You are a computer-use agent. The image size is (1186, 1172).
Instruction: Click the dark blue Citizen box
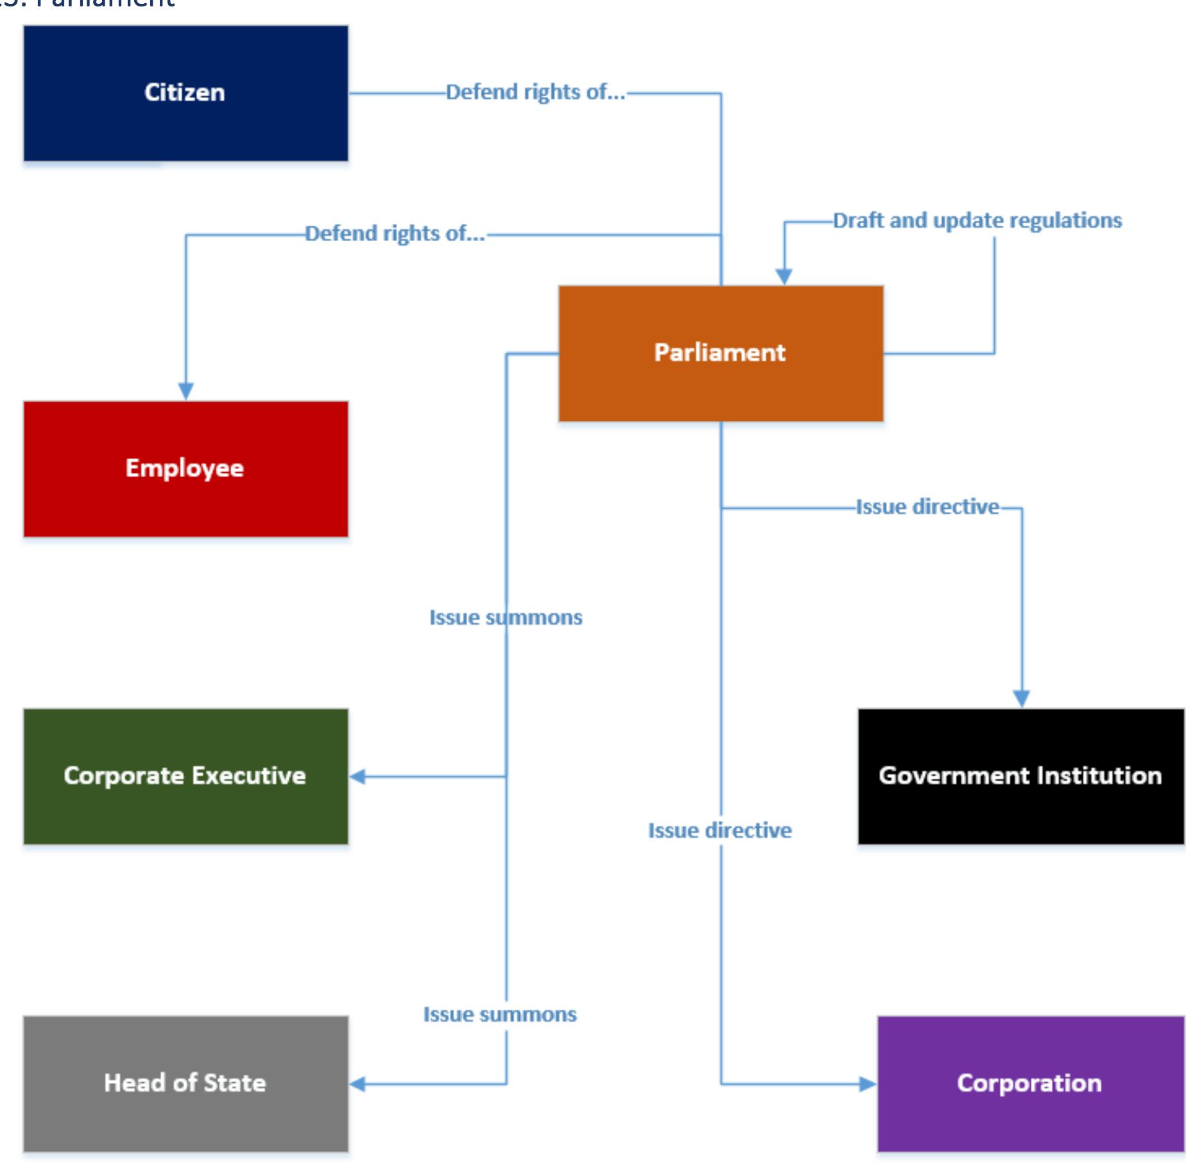pos(185,93)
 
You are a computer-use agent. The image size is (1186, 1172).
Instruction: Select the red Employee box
pos(185,469)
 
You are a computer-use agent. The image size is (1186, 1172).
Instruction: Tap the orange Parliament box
pos(720,353)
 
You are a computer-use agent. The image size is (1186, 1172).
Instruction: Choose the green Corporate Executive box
pos(185,776)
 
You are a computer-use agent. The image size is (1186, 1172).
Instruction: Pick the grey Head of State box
pos(185,1083)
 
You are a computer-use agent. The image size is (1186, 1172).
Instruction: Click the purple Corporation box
pos(1029,1083)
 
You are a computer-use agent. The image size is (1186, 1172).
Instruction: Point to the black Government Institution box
pos(1020,776)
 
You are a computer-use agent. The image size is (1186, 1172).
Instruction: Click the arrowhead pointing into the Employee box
pos(186,391)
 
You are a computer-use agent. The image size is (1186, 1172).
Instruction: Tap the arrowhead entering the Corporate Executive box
pos(358,777)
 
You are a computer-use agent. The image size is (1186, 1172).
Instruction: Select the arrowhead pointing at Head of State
pos(358,1084)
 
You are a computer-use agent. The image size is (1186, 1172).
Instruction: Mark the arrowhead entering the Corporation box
pos(868,1084)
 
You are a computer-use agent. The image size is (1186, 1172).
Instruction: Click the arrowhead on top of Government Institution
pos(1021,698)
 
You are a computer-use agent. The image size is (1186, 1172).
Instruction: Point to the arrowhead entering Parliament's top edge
pos(784,276)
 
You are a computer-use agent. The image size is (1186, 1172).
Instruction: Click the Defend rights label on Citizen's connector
pos(535,92)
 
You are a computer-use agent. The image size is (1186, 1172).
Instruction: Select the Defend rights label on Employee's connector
pos(395,234)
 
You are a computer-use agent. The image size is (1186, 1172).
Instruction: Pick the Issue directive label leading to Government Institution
pos(927,507)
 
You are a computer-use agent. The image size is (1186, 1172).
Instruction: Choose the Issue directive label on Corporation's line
pos(719,831)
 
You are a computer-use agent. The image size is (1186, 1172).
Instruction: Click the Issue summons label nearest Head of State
pos(500,1015)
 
